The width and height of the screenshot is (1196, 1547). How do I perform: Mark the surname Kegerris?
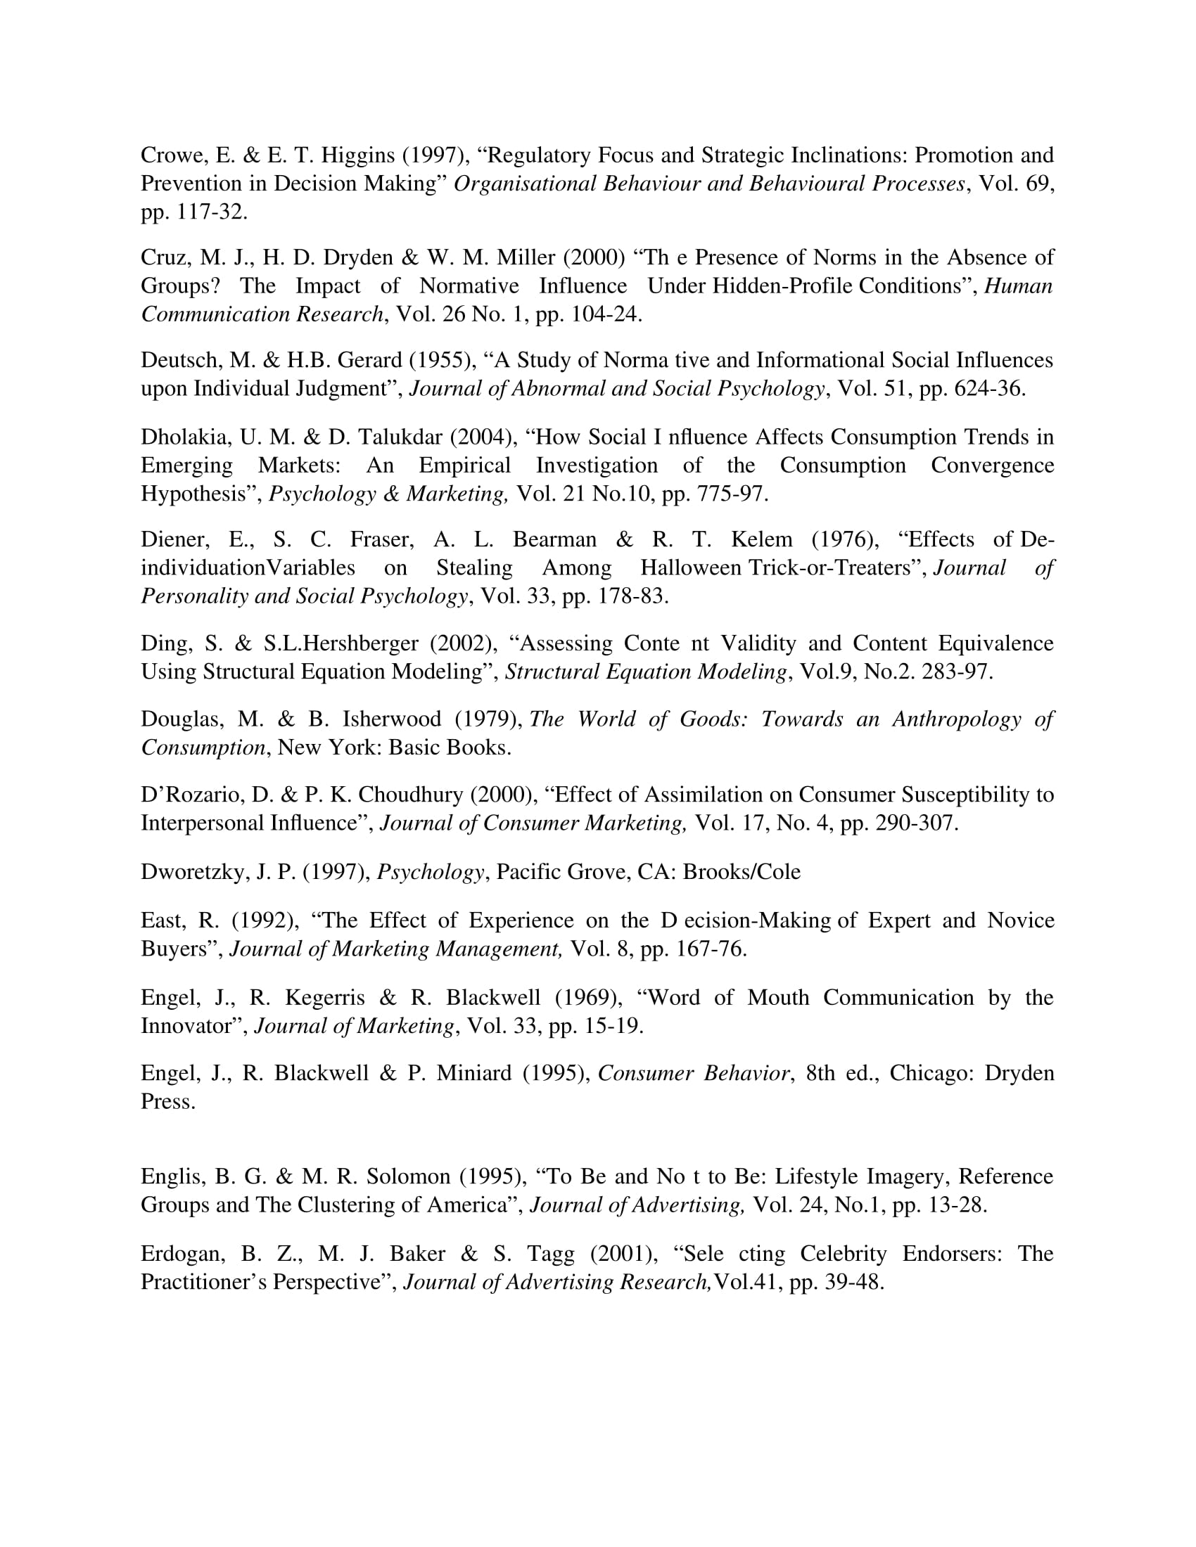(324, 997)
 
